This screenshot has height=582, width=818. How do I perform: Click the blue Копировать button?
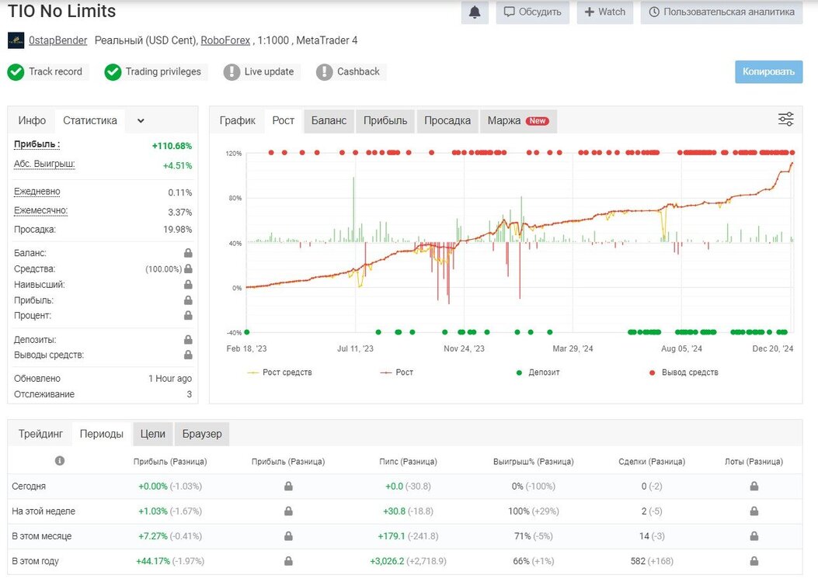[768, 72]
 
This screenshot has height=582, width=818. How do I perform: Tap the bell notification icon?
[475, 12]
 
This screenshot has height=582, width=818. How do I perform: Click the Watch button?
[604, 12]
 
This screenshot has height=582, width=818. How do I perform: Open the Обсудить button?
[533, 12]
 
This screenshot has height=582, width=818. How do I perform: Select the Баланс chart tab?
[329, 121]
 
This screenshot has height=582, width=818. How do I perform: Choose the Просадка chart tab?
[447, 121]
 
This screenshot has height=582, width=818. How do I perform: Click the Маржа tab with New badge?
[518, 121]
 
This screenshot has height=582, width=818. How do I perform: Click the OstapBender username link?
[58, 40]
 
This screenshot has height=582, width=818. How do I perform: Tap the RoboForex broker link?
[225, 40]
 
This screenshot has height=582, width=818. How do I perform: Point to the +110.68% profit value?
[172, 146]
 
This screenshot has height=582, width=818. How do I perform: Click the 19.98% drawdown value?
[177, 229]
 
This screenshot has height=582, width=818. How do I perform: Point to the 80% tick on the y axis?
[234, 198]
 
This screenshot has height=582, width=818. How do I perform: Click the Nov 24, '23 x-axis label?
[464, 348]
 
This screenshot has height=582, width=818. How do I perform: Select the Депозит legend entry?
[538, 372]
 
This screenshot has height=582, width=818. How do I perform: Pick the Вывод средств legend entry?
[684, 372]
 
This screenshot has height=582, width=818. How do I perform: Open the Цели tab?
[153, 434]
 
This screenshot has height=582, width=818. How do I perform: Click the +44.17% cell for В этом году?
[153, 561]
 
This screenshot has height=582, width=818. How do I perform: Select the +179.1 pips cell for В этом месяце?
[392, 536]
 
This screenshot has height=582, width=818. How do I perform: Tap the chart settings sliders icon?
[785, 120]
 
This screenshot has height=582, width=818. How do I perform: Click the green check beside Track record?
[16, 72]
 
